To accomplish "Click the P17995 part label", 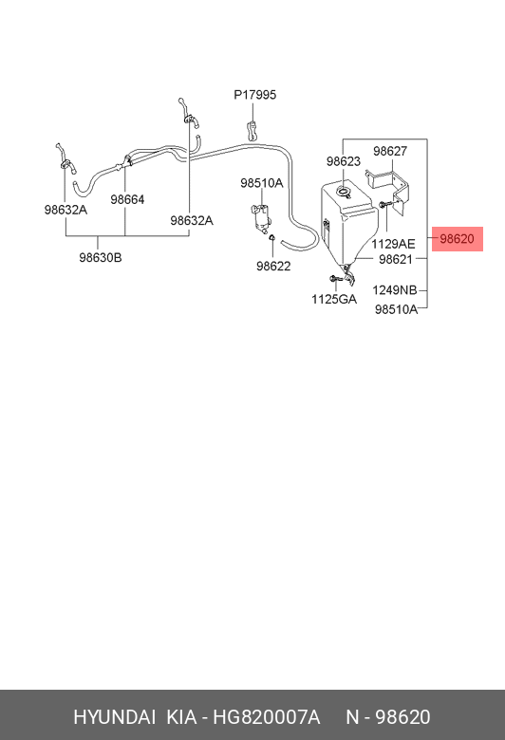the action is pos(254,95).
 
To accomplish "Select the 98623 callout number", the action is pos(344,161).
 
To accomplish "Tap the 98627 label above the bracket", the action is pos(390,151).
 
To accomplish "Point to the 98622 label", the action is pos(273,267).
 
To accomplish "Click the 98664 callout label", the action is pos(127,199).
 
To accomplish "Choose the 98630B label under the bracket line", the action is pos(101,258).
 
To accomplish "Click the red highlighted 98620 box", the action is pos(458,239).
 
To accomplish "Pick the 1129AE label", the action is pos(393,244).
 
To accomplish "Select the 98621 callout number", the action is pos(396,259).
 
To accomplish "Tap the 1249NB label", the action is pos(395,290).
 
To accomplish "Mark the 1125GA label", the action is pos(334,299).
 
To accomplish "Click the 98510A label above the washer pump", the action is pos(262,183).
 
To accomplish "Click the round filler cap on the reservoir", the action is pos(343,191).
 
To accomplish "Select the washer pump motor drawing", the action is pos(261,218).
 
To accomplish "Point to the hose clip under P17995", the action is pos(252,131).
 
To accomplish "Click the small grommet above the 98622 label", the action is pos(272,237).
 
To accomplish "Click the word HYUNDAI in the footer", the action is pos(114,717).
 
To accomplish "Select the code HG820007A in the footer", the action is pos(267,717).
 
